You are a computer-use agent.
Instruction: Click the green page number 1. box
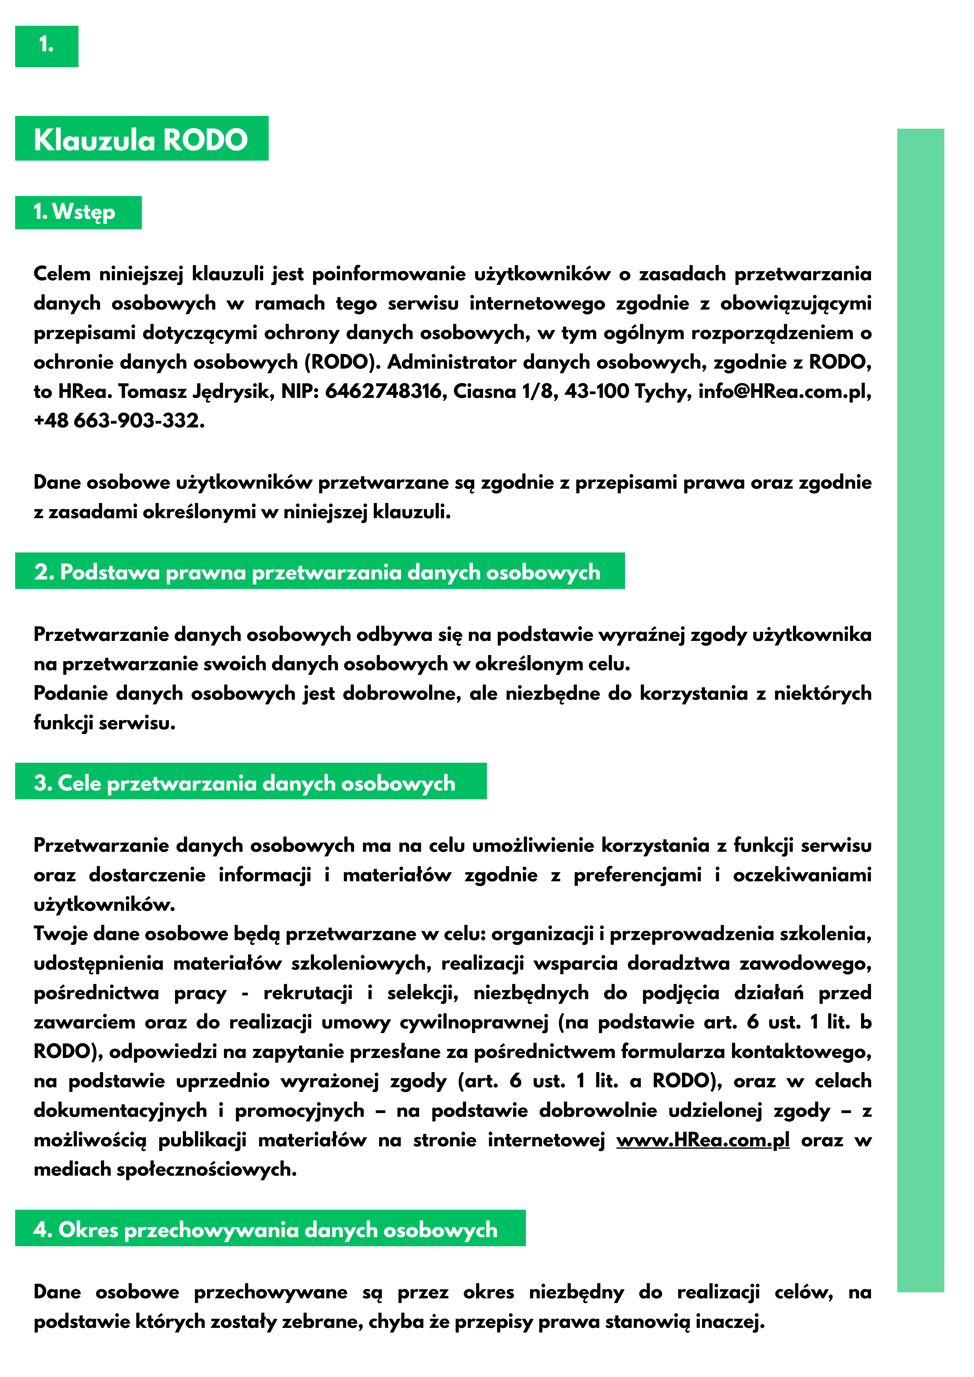(46, 46)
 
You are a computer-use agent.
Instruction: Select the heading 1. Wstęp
(75, 212)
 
